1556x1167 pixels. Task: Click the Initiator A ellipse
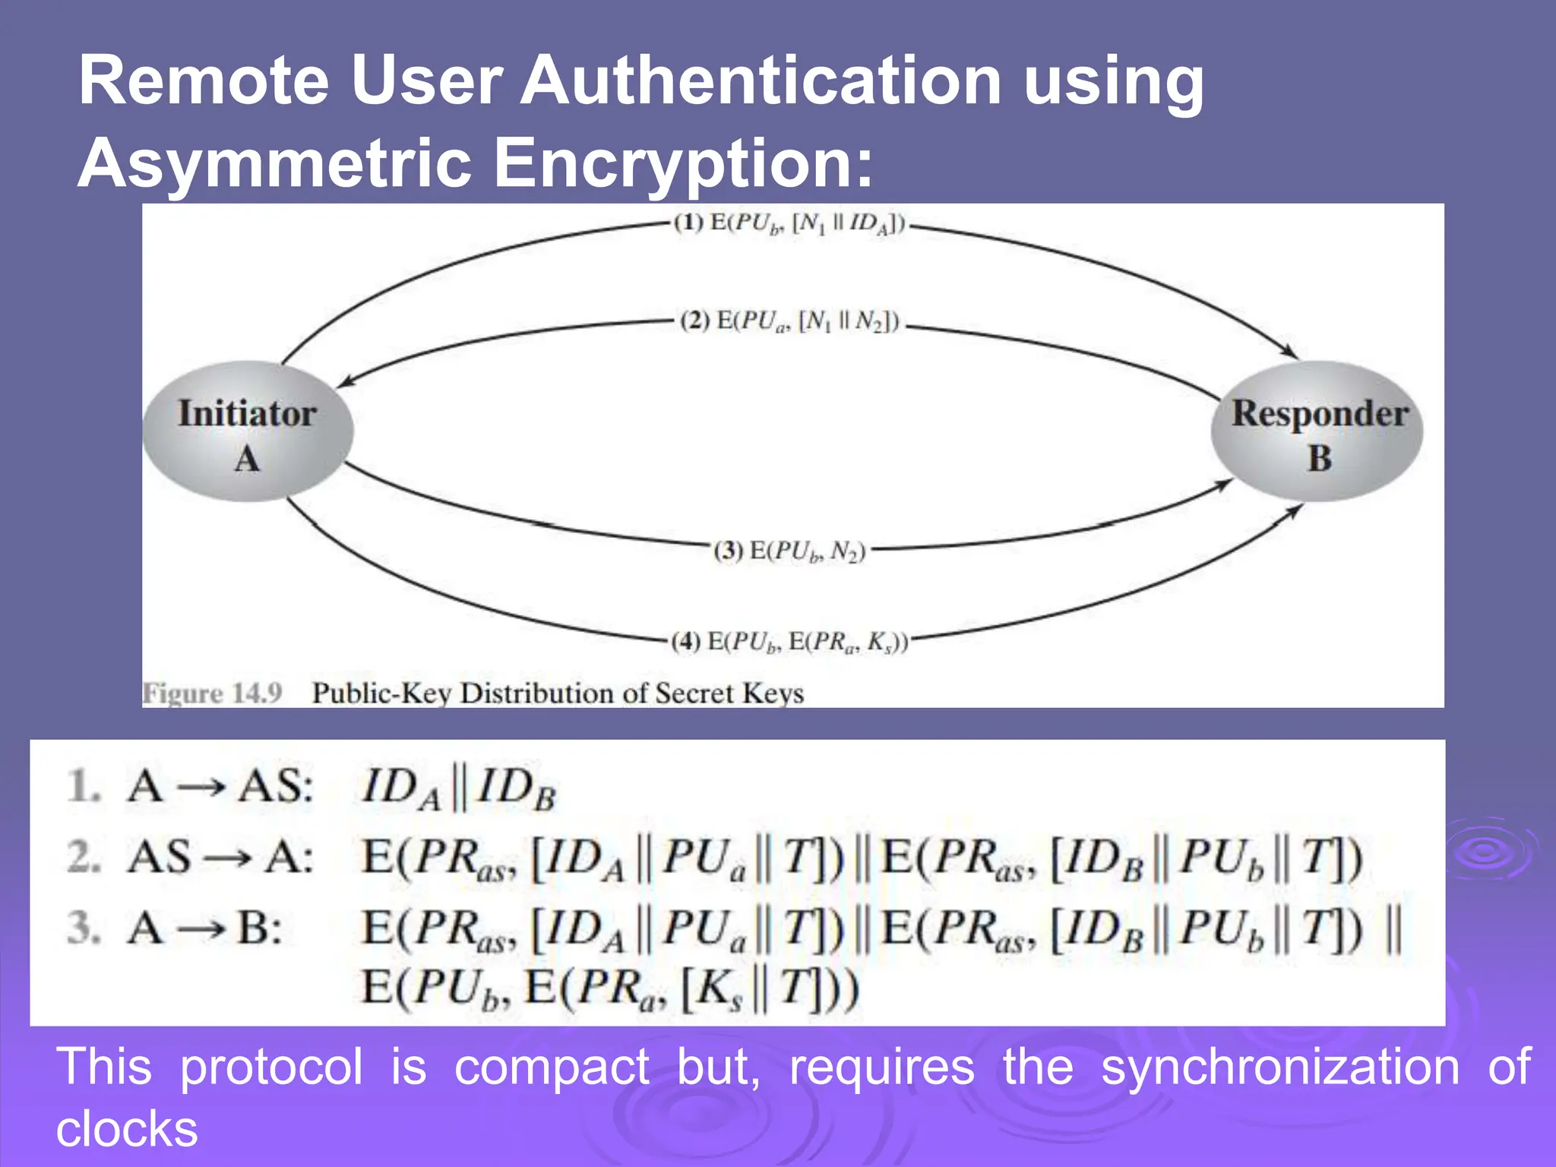point(248,432)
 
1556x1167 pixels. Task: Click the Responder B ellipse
point(1317,432)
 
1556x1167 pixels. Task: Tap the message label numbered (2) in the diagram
point(790,321)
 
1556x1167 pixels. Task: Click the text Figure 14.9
point(213,693)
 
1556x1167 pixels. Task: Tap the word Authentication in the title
point(761,81)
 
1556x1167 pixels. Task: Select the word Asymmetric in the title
point(274,163)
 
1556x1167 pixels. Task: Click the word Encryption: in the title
point(683,163)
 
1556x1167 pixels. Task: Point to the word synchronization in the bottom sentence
point(1280,1067)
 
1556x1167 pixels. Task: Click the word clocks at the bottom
point(127,1128)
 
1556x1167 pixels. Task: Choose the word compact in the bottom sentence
point(552,1067)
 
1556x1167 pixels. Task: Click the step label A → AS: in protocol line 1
point(220,786)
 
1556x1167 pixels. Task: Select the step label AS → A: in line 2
point(220,857)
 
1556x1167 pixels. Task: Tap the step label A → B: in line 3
point(205,928)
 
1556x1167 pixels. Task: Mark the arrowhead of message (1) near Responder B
point(1292,354)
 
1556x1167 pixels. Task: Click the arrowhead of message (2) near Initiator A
point(344,383)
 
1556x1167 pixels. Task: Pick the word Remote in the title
point(204,81)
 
